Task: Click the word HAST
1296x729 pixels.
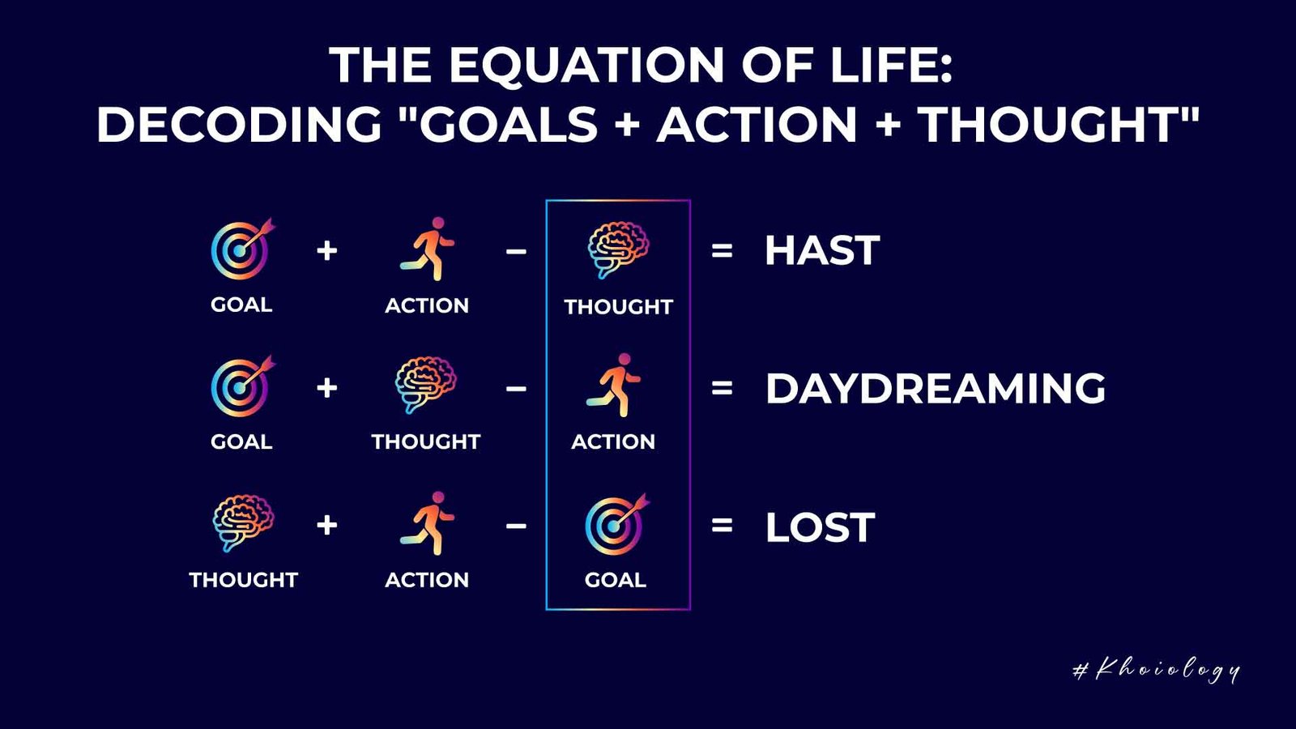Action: point(822,250)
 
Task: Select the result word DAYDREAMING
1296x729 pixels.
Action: point(936,388)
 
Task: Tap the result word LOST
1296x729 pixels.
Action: point(821,527)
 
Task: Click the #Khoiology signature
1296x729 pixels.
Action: point(1156,671)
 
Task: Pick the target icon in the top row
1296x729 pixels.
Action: point(240,250)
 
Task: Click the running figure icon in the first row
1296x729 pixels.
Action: point(428,249)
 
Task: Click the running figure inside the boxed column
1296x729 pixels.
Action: point(614,386)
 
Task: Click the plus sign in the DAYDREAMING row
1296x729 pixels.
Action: point(327,388)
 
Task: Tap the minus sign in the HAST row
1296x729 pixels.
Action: point(516,251)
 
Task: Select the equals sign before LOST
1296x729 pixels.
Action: point(722,526)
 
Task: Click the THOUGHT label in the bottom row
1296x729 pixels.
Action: point(244,580)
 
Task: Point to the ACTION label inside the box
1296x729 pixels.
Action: point(613,442)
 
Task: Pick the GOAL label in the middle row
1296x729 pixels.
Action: point(241,442)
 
